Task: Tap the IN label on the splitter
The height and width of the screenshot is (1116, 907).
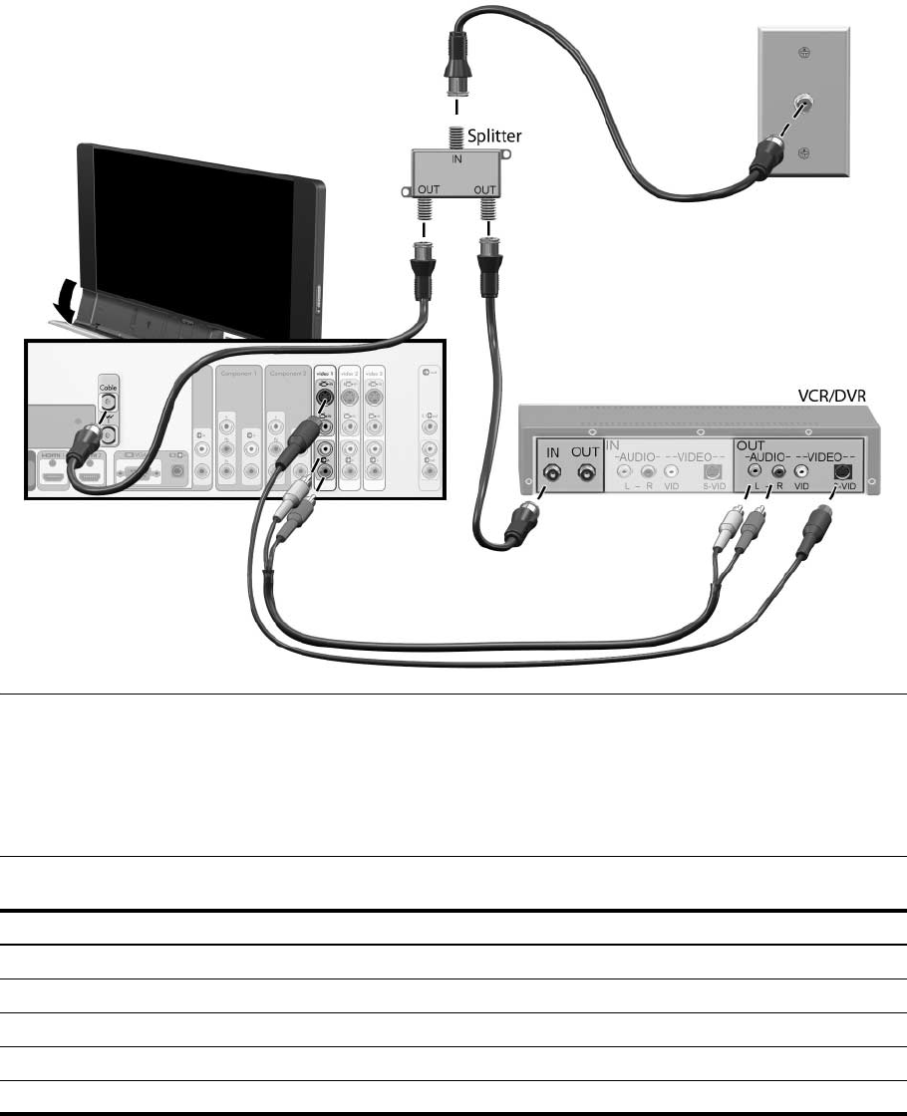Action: coord(459,156)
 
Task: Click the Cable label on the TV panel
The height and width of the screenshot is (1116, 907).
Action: coord(108,382)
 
